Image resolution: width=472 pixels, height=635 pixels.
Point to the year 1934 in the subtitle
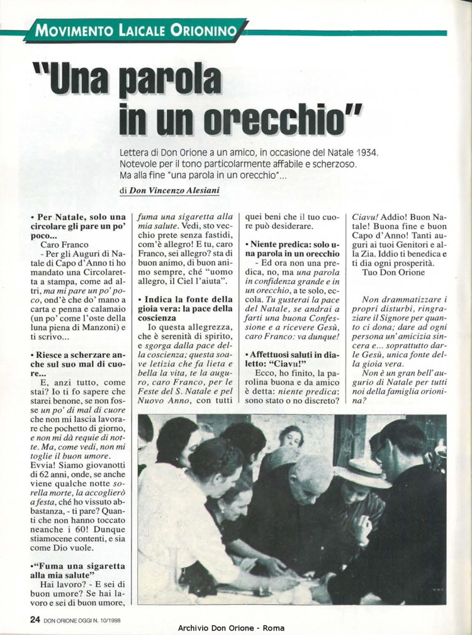pyautogui.click(x=368, y=153)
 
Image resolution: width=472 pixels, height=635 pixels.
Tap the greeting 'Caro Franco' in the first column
pyautogui.click(x=65, y=243)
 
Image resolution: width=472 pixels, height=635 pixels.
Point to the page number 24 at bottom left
pyautogui.click(x=35, y=620)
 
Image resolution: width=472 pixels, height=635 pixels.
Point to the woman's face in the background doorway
pyautogui.click(x=291, y=437)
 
